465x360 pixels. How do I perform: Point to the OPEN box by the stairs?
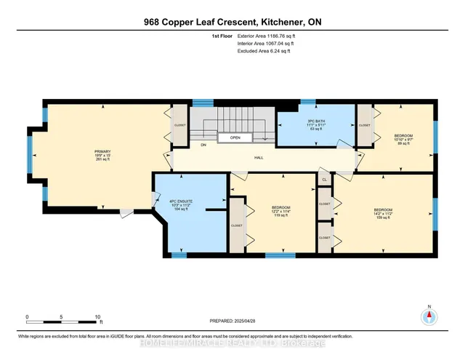click(x=235, y=137)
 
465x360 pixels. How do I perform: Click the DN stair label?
click(x=183, y=145)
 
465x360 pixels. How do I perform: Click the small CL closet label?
click(x=324, y=179)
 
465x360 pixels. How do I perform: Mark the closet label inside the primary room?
click(x=180, y=124)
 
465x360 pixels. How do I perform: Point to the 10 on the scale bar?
click(x=97, y=316)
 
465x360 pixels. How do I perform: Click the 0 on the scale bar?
click(x=27, y=316)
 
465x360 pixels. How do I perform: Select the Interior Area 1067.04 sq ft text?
click(x=264, y=43)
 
